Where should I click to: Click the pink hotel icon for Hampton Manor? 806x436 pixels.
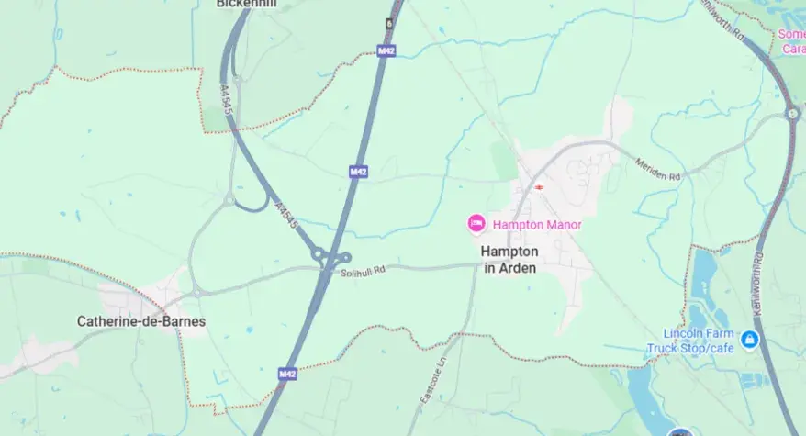tap(476, 223)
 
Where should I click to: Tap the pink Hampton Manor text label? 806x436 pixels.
tap(537, 224)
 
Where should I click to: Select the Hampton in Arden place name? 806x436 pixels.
tap(509, 259)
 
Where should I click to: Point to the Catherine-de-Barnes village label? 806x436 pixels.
tap(141, 321)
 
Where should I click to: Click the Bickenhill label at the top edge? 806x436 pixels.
tap(247, 4)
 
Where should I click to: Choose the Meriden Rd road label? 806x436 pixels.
tap(659, 168)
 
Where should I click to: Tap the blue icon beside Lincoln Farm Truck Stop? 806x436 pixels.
tap(750, 340)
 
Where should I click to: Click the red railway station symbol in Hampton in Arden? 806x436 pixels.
tap(540, 187)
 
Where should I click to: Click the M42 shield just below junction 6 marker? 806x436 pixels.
tap(386, 51)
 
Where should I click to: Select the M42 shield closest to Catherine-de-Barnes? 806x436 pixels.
tap(287, 375)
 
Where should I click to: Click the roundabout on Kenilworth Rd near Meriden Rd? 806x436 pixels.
tap(792, 114)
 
